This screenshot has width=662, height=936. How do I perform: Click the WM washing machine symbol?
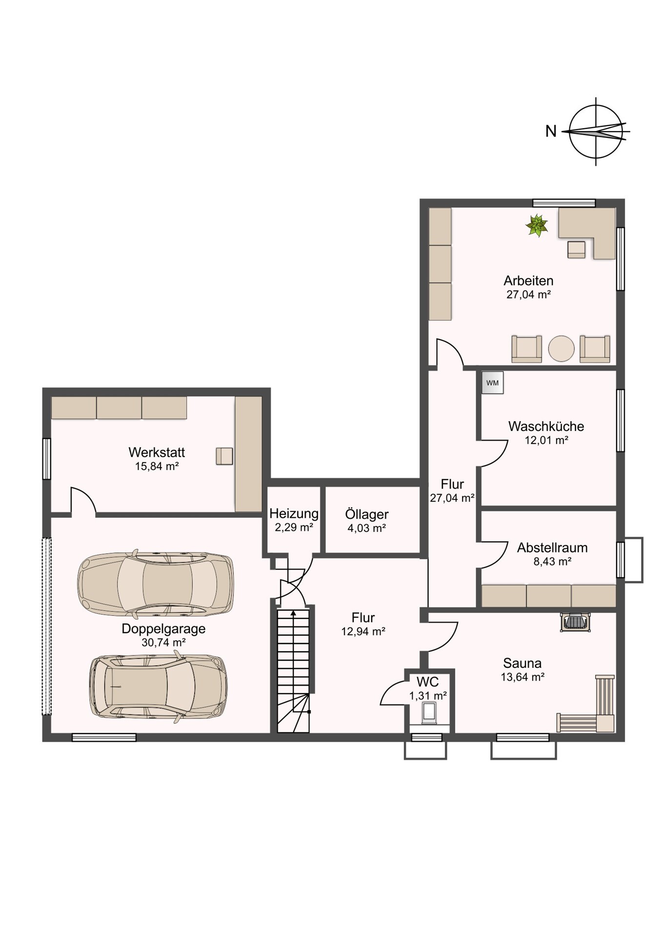click(x=492, y=383)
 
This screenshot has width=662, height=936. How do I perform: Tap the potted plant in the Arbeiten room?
click(x=537, y=226)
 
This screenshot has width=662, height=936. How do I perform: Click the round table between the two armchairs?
click(x=561, y=348)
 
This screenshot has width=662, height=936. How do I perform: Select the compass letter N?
click(x=551, y=131)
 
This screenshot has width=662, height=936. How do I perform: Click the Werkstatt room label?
click(x=157, y=452)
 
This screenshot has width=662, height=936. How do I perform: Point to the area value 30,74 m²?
click(x=163, y=643)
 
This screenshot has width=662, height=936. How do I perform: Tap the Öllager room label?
click(x=367, y=514)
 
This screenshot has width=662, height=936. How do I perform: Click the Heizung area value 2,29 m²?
click(x=294, y=527)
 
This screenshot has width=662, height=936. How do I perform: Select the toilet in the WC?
click(x=429, y=713)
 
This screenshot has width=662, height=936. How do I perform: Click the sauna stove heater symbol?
click(x=576, y=623)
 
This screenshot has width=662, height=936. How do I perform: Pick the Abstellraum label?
click(x=552, y=547)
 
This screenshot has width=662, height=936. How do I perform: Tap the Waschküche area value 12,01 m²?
click(x=546, y=440)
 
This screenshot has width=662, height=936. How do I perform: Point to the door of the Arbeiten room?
click(x=450, y=352)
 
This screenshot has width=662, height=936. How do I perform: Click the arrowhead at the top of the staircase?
click(x=293, y=613)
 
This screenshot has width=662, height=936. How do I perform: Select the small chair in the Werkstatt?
click(x=224, y=456)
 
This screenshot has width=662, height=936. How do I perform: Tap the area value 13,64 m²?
click(x=522, y=677)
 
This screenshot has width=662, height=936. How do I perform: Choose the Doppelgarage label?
click(x=163, y=628)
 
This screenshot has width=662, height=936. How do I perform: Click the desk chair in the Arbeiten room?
click(x=576, y=249)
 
